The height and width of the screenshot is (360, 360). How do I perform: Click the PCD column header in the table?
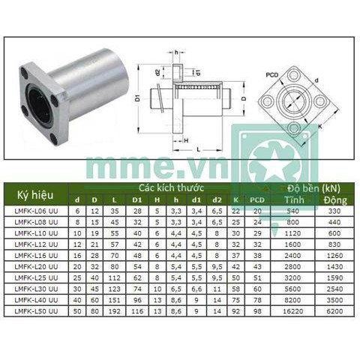tap(257, 199)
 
